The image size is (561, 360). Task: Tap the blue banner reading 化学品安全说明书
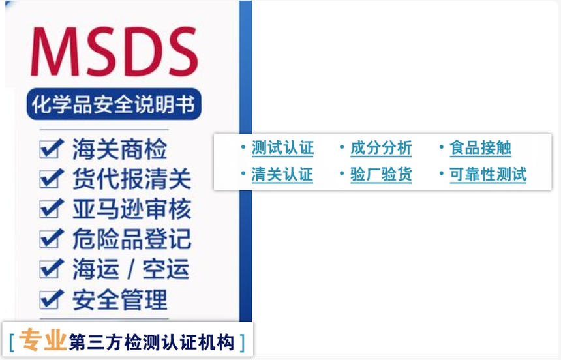pos(114,104)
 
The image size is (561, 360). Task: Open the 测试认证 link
pos(282,148)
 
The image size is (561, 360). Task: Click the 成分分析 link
pos(381,148)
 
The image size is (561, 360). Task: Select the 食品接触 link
pos(481,148)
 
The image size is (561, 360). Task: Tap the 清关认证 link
pos(282,175)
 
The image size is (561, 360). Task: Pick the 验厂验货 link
pos(381,175)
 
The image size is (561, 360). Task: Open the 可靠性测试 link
pos(488,175)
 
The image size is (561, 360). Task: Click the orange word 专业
pos(42,340)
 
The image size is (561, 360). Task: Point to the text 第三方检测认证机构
pos(152,342)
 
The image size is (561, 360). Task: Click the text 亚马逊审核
pos(132,209)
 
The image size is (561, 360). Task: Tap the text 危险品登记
pos(132,239)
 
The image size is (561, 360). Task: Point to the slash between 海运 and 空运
pos(131,269)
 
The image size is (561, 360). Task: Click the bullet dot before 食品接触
pos(442,147)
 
